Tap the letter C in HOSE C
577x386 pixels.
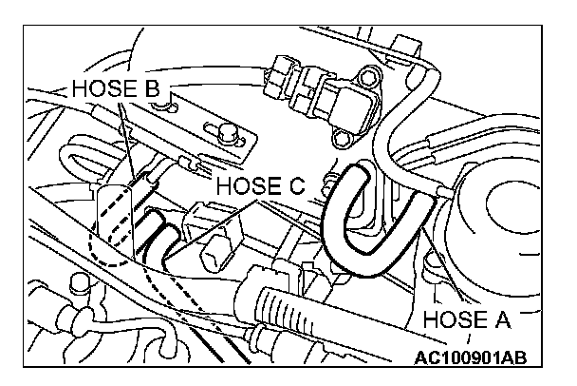pyautogui.click(x=297, y=184)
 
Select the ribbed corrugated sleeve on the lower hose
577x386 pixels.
pyautogui.click(x=281, y=303)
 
